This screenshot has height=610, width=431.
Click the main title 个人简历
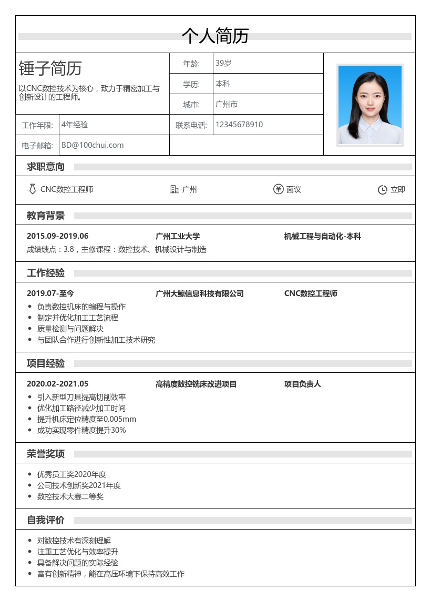pos(215,36)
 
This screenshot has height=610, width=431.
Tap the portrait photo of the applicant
pos(370,105)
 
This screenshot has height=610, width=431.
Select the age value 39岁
pos(223,63)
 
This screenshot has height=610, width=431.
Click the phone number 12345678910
pos(239,125)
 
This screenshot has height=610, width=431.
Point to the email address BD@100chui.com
pos(93,145)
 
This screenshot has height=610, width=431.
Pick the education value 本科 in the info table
pos(223,84)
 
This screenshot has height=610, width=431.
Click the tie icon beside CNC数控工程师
pos(33,189)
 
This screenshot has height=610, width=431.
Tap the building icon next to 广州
pos(175,189)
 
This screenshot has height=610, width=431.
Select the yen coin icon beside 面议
pos(278,189)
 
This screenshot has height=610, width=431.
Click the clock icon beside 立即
pos(383,190)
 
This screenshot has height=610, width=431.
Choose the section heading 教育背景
pos(46,216)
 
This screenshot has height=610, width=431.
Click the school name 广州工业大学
pos(178,236)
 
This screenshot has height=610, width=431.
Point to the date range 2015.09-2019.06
pos(58,236)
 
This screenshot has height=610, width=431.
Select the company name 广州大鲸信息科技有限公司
pos(200,293)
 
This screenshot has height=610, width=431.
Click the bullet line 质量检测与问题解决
pos(70,329)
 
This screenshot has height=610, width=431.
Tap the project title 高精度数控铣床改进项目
pos(196,384)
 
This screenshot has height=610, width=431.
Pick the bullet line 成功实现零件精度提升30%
pos(81,430)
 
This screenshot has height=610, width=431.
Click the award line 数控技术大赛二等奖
pos(70,496)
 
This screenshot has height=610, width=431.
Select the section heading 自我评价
pos(46,520)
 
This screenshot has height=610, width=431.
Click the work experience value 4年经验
pos(75,125)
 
